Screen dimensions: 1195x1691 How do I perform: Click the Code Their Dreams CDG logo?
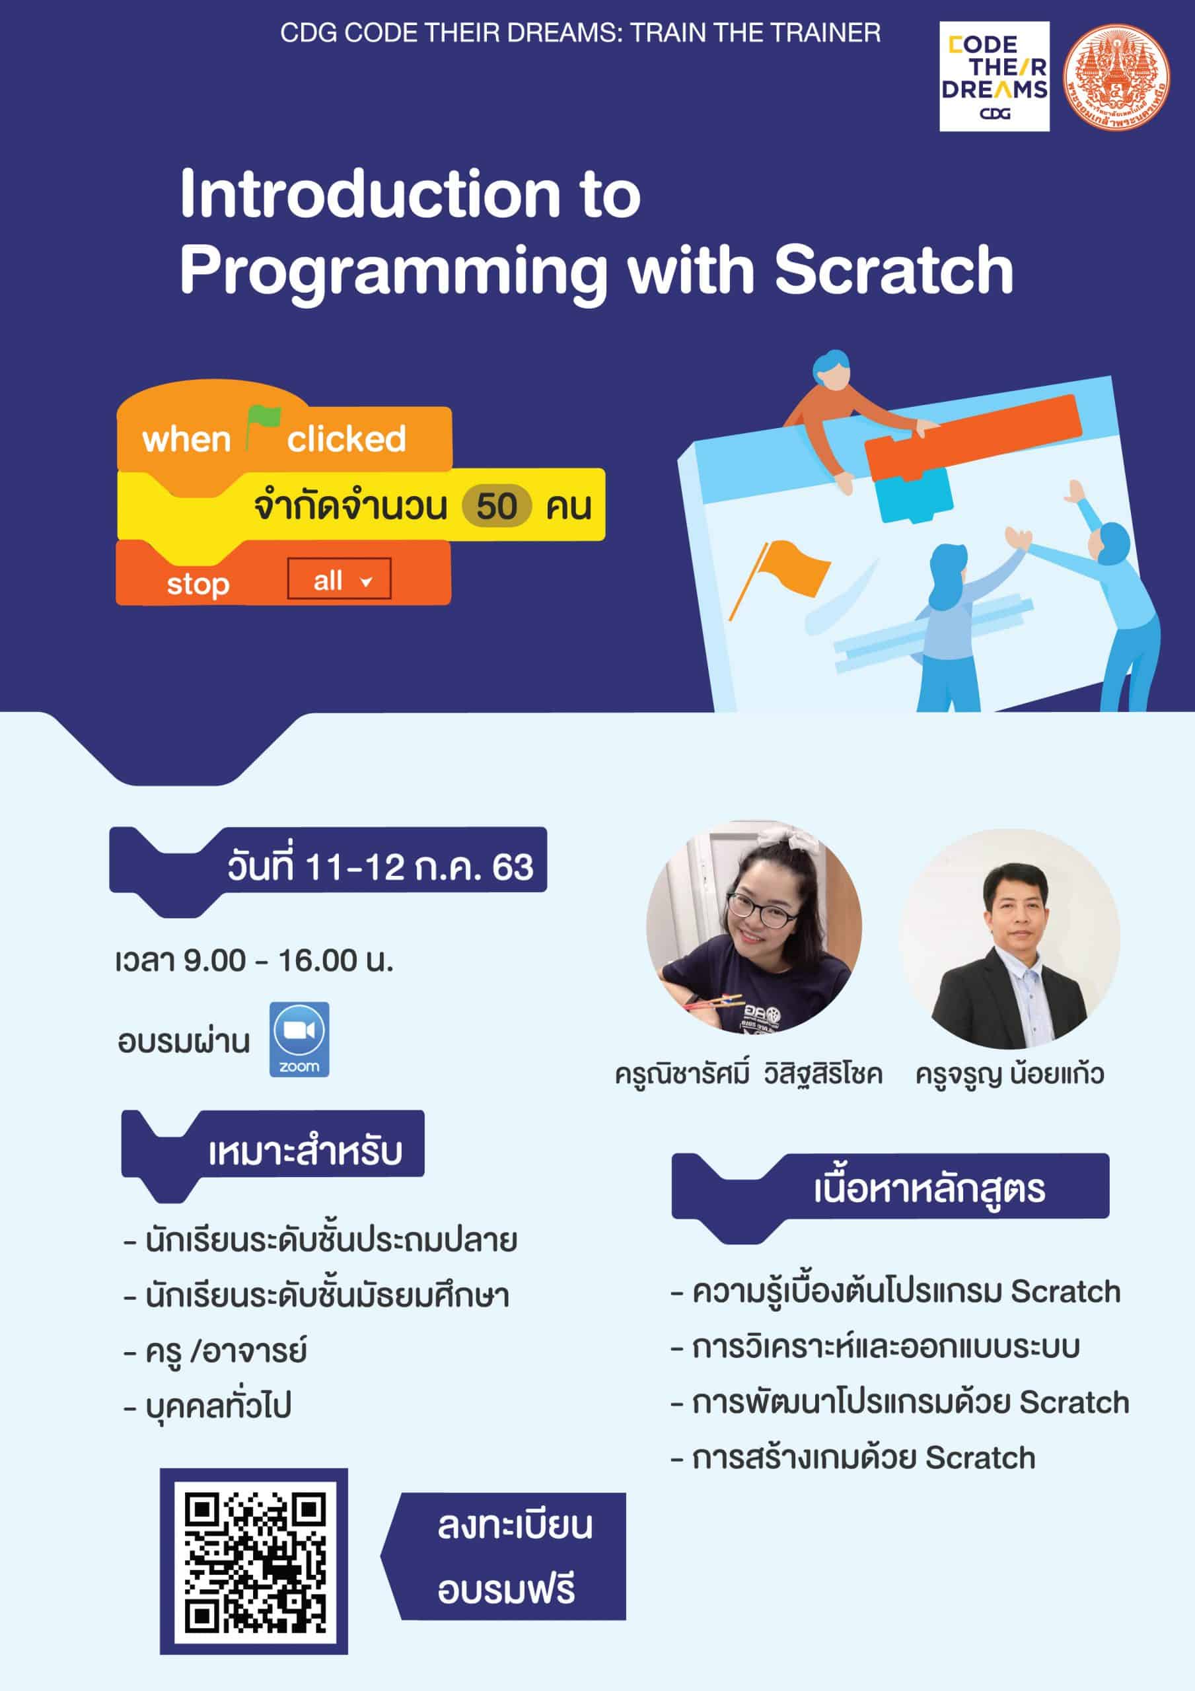coord(994,77)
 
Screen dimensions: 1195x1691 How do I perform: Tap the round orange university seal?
coord(1117,77)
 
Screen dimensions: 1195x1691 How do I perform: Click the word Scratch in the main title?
coord(894,270)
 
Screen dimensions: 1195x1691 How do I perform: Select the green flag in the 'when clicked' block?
coord(262,425)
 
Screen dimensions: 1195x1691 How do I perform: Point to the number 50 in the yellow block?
coord(497,507)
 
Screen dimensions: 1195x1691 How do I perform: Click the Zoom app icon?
coord(299,1039)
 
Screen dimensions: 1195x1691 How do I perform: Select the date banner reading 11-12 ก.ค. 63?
coord(328,866)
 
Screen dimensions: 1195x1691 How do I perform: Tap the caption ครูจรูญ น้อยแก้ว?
coord(1009,1075)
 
